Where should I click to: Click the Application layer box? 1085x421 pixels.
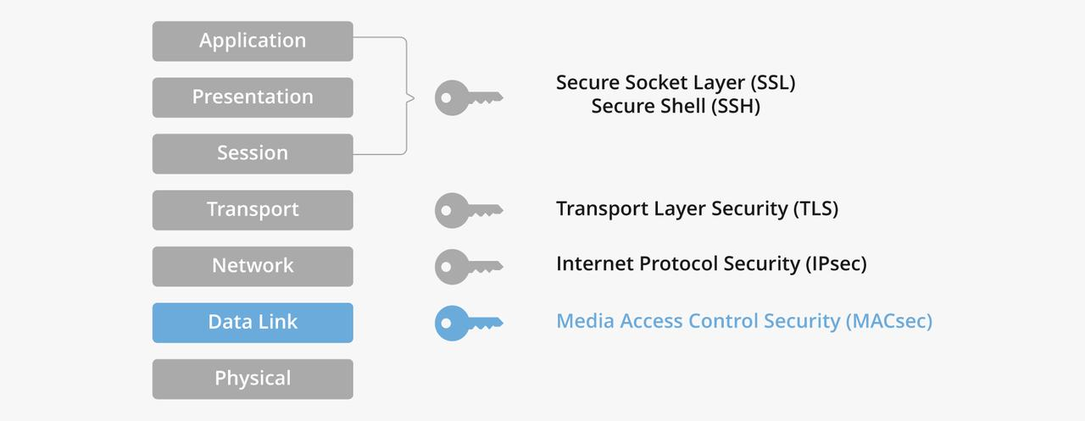pyautogui.click(x=253, y=41)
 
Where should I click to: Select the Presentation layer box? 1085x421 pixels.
pyautogui.click(x=253, y=97)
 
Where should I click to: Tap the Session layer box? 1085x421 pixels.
pyautogui.click(x=253, y=153)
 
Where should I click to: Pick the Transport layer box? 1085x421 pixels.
pyautogui.click(x=253, y=209)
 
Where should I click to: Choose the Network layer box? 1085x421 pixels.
pyautogui.click(x=253, y=266)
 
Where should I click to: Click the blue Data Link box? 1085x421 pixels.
pyautogui.click(x=253, y=322)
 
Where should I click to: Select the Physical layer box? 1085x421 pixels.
pyautogui.click(x=253, y=379)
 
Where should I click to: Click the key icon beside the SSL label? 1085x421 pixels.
pyautogui.click(x=467, y=97)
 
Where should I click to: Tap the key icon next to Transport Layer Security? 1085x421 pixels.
pyautogui.click(x=467, y=209)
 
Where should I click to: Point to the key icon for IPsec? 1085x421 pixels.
pyautogui.click(x=467, y=266)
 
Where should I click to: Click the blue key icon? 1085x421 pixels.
pyautogui.click(x=467, y=322)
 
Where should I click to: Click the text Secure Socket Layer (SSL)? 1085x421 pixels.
pyautogui.click(x=676, y=83)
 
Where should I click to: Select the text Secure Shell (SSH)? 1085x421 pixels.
pyautogui.click(x=676, y=107)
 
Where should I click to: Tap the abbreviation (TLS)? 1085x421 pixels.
pyautogui.click(x=815, y=208)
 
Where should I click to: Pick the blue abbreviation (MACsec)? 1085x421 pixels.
pyautogui.click(x=888, y=321)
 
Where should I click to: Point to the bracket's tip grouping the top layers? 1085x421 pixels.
pyautogui.click(x=412, y=97)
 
